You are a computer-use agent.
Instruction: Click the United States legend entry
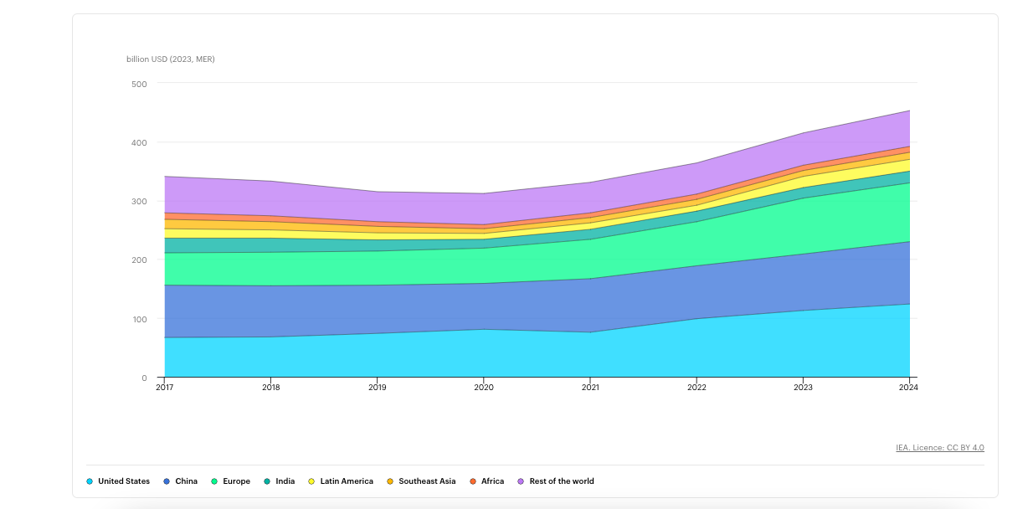pyautogui.click(x=118, y=481)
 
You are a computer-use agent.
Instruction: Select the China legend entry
pyautogui.click(x=180, y=481)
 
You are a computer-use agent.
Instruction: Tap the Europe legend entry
pyautogui.click(x=230, y=481)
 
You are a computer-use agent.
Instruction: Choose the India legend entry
pyautogui.click(x=280, y=481)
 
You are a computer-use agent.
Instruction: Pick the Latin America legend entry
pyautogui.click(x=341, y=481)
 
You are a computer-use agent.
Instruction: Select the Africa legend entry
pyautogui.click(x=487, y=481)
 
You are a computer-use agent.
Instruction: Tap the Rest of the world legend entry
pyautogui.click(x=556, y=481)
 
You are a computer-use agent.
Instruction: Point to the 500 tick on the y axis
pyautogui.click(x=139, y=84)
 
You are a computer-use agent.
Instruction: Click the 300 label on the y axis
pyautogui.click(x=139, y=201)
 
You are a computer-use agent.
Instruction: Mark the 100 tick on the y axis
pyautogui.click(x=139, y=319)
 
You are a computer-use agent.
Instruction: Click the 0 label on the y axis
pyautogui.click(x=144, y=378)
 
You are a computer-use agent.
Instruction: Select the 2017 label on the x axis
pyautogui.click(x=165, y=388)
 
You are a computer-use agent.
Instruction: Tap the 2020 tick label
pyautogui.click(x=484, y=388)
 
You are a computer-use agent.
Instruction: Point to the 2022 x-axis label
pyautogui.click(x=696, y=388)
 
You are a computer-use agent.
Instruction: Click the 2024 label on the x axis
pyautogui.click(x=908, y=388)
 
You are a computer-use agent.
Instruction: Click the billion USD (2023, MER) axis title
pyautogui.click(x=171, y=59)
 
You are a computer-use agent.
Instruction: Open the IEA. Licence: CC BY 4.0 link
pyautogui.click(x=940, y=447)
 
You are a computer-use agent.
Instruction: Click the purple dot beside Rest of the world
pyautogui.click(x=521, y=481)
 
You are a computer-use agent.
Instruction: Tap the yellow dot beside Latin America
pyautogui.click(x=311, y=481)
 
